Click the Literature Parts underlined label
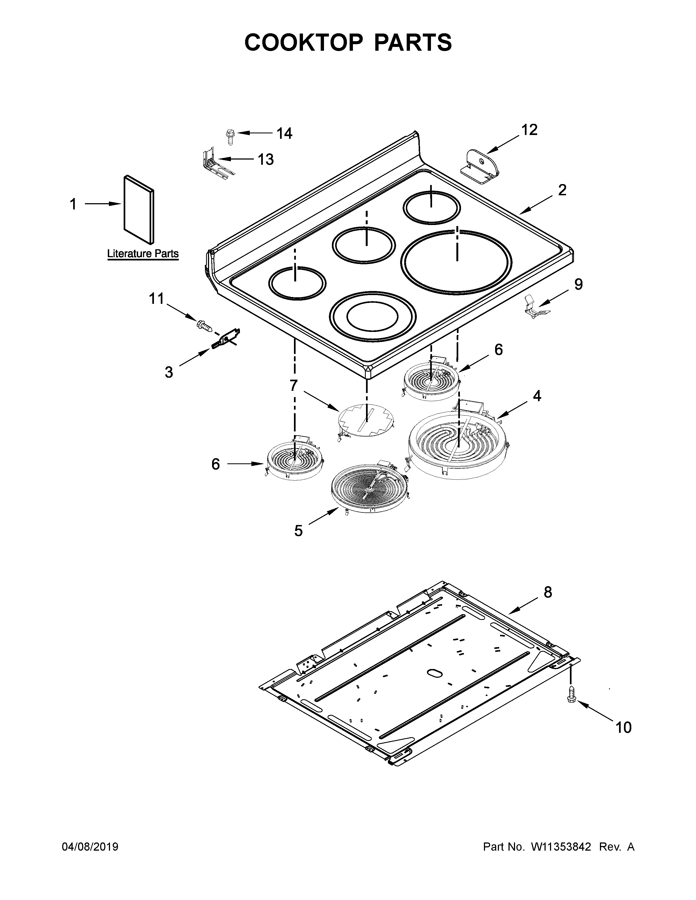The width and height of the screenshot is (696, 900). pyautogui.click(x=143, y=253)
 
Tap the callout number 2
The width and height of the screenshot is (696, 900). pyautogui.click(x=562, y=190)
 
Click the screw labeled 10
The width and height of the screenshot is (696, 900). pyautogui.click(x=572, y=696)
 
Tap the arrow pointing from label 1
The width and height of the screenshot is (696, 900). pyautogui.click(x=103, y=203)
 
